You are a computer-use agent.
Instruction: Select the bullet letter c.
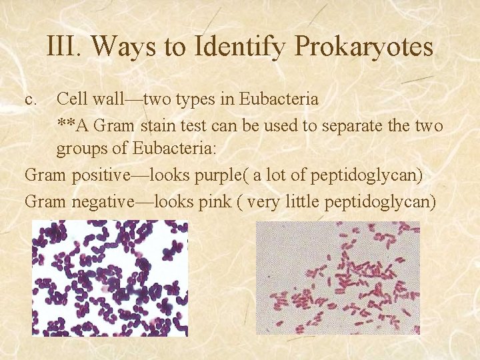point(30,100)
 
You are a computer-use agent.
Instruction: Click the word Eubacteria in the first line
point(273,99)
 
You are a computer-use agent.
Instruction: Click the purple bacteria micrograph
point(110,278)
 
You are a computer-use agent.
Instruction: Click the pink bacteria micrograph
point(338,278)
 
